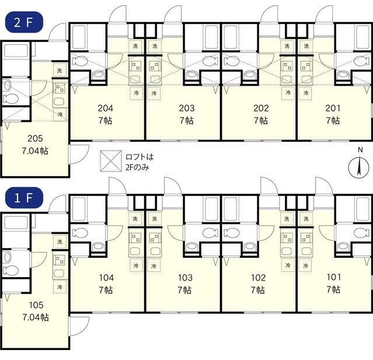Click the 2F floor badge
click(x=23, y=22)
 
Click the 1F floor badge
click(x=23, y=198)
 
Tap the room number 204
click(x=106, y=109)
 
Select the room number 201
click(x=333, y=109)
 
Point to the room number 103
click(x=185, y=278)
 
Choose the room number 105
click(x=36, y=305)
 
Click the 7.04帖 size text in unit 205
click(x=35, y=151)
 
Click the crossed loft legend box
click(x=111, y=161)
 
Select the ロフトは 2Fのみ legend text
click(x=140, y=162)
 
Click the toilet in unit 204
click(x=80, y=61)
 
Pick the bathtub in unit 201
click(x=362, y=37)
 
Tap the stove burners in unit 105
click(x=59, y=260)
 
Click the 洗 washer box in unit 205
click(x=60, y=71)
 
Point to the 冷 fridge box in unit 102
click(x=288, y=265)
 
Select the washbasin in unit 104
click(x=97, y=247)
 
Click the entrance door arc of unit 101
click(x=324, y=186)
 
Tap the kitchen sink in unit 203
click(x=155, y=79)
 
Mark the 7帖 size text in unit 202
click(x=261, y=121)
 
